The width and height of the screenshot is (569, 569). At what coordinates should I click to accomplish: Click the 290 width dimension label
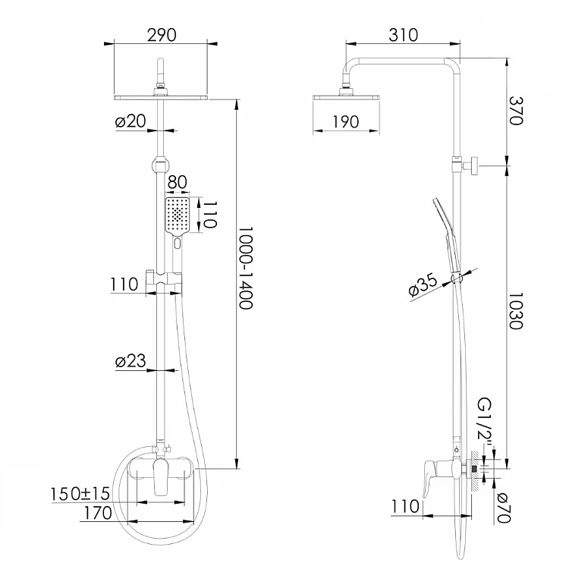(x=162, y=35)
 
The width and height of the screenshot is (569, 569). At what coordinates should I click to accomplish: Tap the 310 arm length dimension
(x=403, y=35)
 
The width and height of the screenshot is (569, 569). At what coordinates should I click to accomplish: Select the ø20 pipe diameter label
(x=130, y=121)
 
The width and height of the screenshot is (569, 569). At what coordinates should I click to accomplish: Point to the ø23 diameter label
(x=130, y=360)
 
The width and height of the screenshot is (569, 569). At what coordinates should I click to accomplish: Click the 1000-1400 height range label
(x=246, y=268)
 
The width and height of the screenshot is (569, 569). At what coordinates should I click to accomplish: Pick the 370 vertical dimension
(x=516, y=111)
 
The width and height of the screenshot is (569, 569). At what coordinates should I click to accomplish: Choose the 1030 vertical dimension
(x=516, y=311)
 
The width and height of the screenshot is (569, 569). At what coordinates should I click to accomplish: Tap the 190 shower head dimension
(x=346, y=122)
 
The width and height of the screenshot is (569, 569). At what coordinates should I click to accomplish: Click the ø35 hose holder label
(x=423, y=286)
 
